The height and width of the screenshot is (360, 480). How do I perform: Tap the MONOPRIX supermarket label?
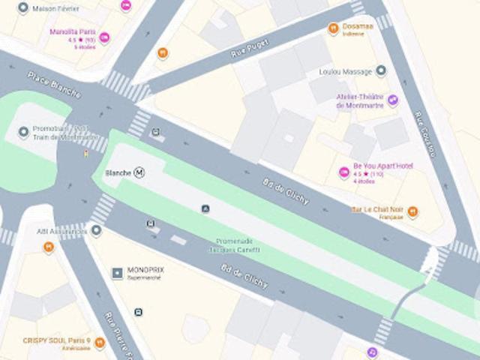pyautogui.click(x=145, y=270)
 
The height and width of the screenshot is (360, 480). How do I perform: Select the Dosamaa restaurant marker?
pyautogui.click(x=334, y=28)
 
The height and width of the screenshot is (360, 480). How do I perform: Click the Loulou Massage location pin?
pyautogui.click(x=381, y=71)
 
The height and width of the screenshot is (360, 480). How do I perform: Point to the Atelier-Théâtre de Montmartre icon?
pyautogui.click(x=393, y=100)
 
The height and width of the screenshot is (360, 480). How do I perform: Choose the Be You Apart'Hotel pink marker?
pyautogui.click(x=344, y=173)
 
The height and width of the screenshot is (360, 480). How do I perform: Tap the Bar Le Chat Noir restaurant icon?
pyautogui.click(x=412, y=212)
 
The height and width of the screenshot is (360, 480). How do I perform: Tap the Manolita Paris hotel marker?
pyautogui.click(x=104, y=37)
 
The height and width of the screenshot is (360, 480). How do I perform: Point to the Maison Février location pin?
pyautogui.click(x=23, y=8)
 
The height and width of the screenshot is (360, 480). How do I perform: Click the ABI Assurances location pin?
pyautogui.click(x=96, y=230)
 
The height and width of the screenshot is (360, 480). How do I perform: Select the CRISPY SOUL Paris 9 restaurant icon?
pyautogui.click(x=99, y=343)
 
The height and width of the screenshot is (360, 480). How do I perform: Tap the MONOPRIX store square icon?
pyautogui.click(x=117, y=273)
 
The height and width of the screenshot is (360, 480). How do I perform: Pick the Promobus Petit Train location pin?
pyautogui.click(x=23, y=133)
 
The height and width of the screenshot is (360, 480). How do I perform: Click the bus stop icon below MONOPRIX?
pyautogui.click(x=138, y=312)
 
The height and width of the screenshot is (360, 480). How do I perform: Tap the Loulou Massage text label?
pyautogui.click(x=346, y=72)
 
